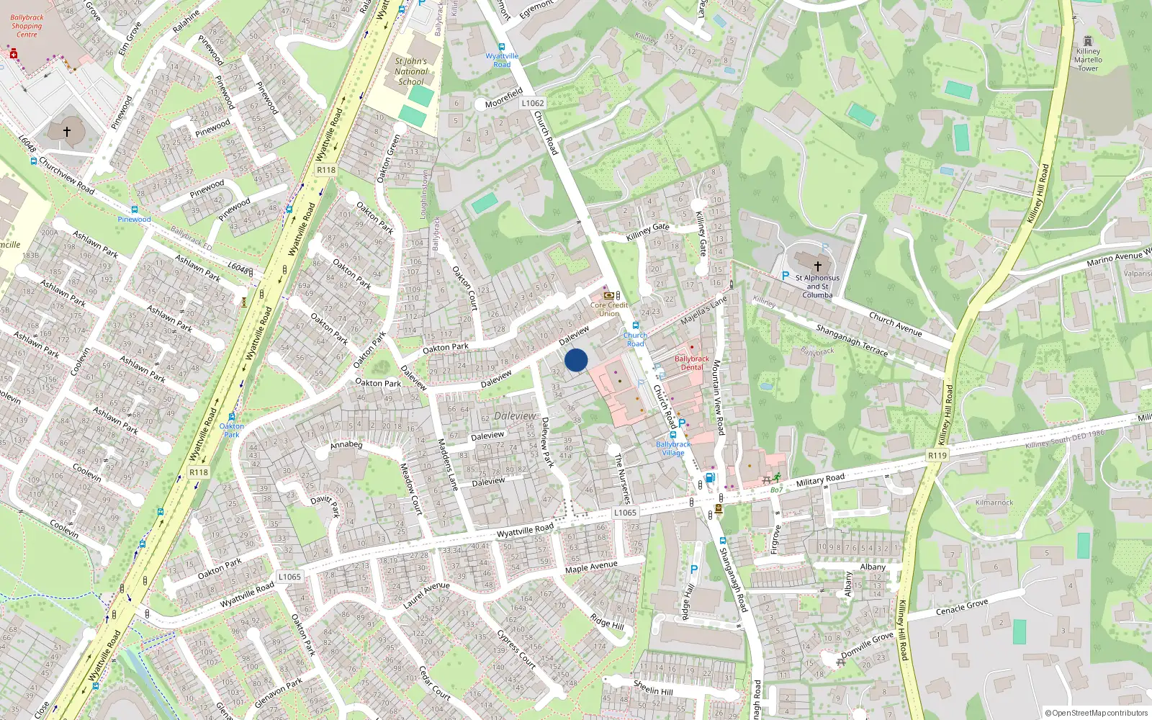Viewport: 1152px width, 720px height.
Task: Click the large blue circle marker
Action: tap(576, 360)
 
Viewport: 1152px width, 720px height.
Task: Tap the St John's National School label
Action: tap(411, 71)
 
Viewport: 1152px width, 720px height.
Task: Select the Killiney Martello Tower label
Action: tap(1088, 60)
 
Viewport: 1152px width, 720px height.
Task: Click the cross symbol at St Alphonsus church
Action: tap(817, 266)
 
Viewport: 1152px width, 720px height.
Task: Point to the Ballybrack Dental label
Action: tap(691, 363)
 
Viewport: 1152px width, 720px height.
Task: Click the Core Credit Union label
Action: tap(609, 309)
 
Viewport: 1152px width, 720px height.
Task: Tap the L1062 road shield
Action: tap(533, 103)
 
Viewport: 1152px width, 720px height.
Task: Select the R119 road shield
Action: tap(937, 455)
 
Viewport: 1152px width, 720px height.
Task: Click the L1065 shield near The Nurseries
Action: tap(625, 513)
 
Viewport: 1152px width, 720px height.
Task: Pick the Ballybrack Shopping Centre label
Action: tap(27, 26)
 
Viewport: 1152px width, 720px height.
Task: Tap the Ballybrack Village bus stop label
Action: tap(673, 449)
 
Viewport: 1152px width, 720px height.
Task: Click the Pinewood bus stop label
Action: tap(135, 219)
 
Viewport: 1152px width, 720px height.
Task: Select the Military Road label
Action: tap(820, 480)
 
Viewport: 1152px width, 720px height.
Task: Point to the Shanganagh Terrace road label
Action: tap(852, 340)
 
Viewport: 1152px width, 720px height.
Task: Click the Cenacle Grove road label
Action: tap(962, 607)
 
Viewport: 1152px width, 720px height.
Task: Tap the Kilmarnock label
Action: tap(994, 503)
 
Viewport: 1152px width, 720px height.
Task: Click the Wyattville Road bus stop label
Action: tap(502, 60)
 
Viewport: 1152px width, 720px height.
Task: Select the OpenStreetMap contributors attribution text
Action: tap(1096, 713)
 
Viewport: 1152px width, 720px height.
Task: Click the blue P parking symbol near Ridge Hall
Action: tap(694, 570)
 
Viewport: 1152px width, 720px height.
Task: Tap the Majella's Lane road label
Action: tap(703, 310)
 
